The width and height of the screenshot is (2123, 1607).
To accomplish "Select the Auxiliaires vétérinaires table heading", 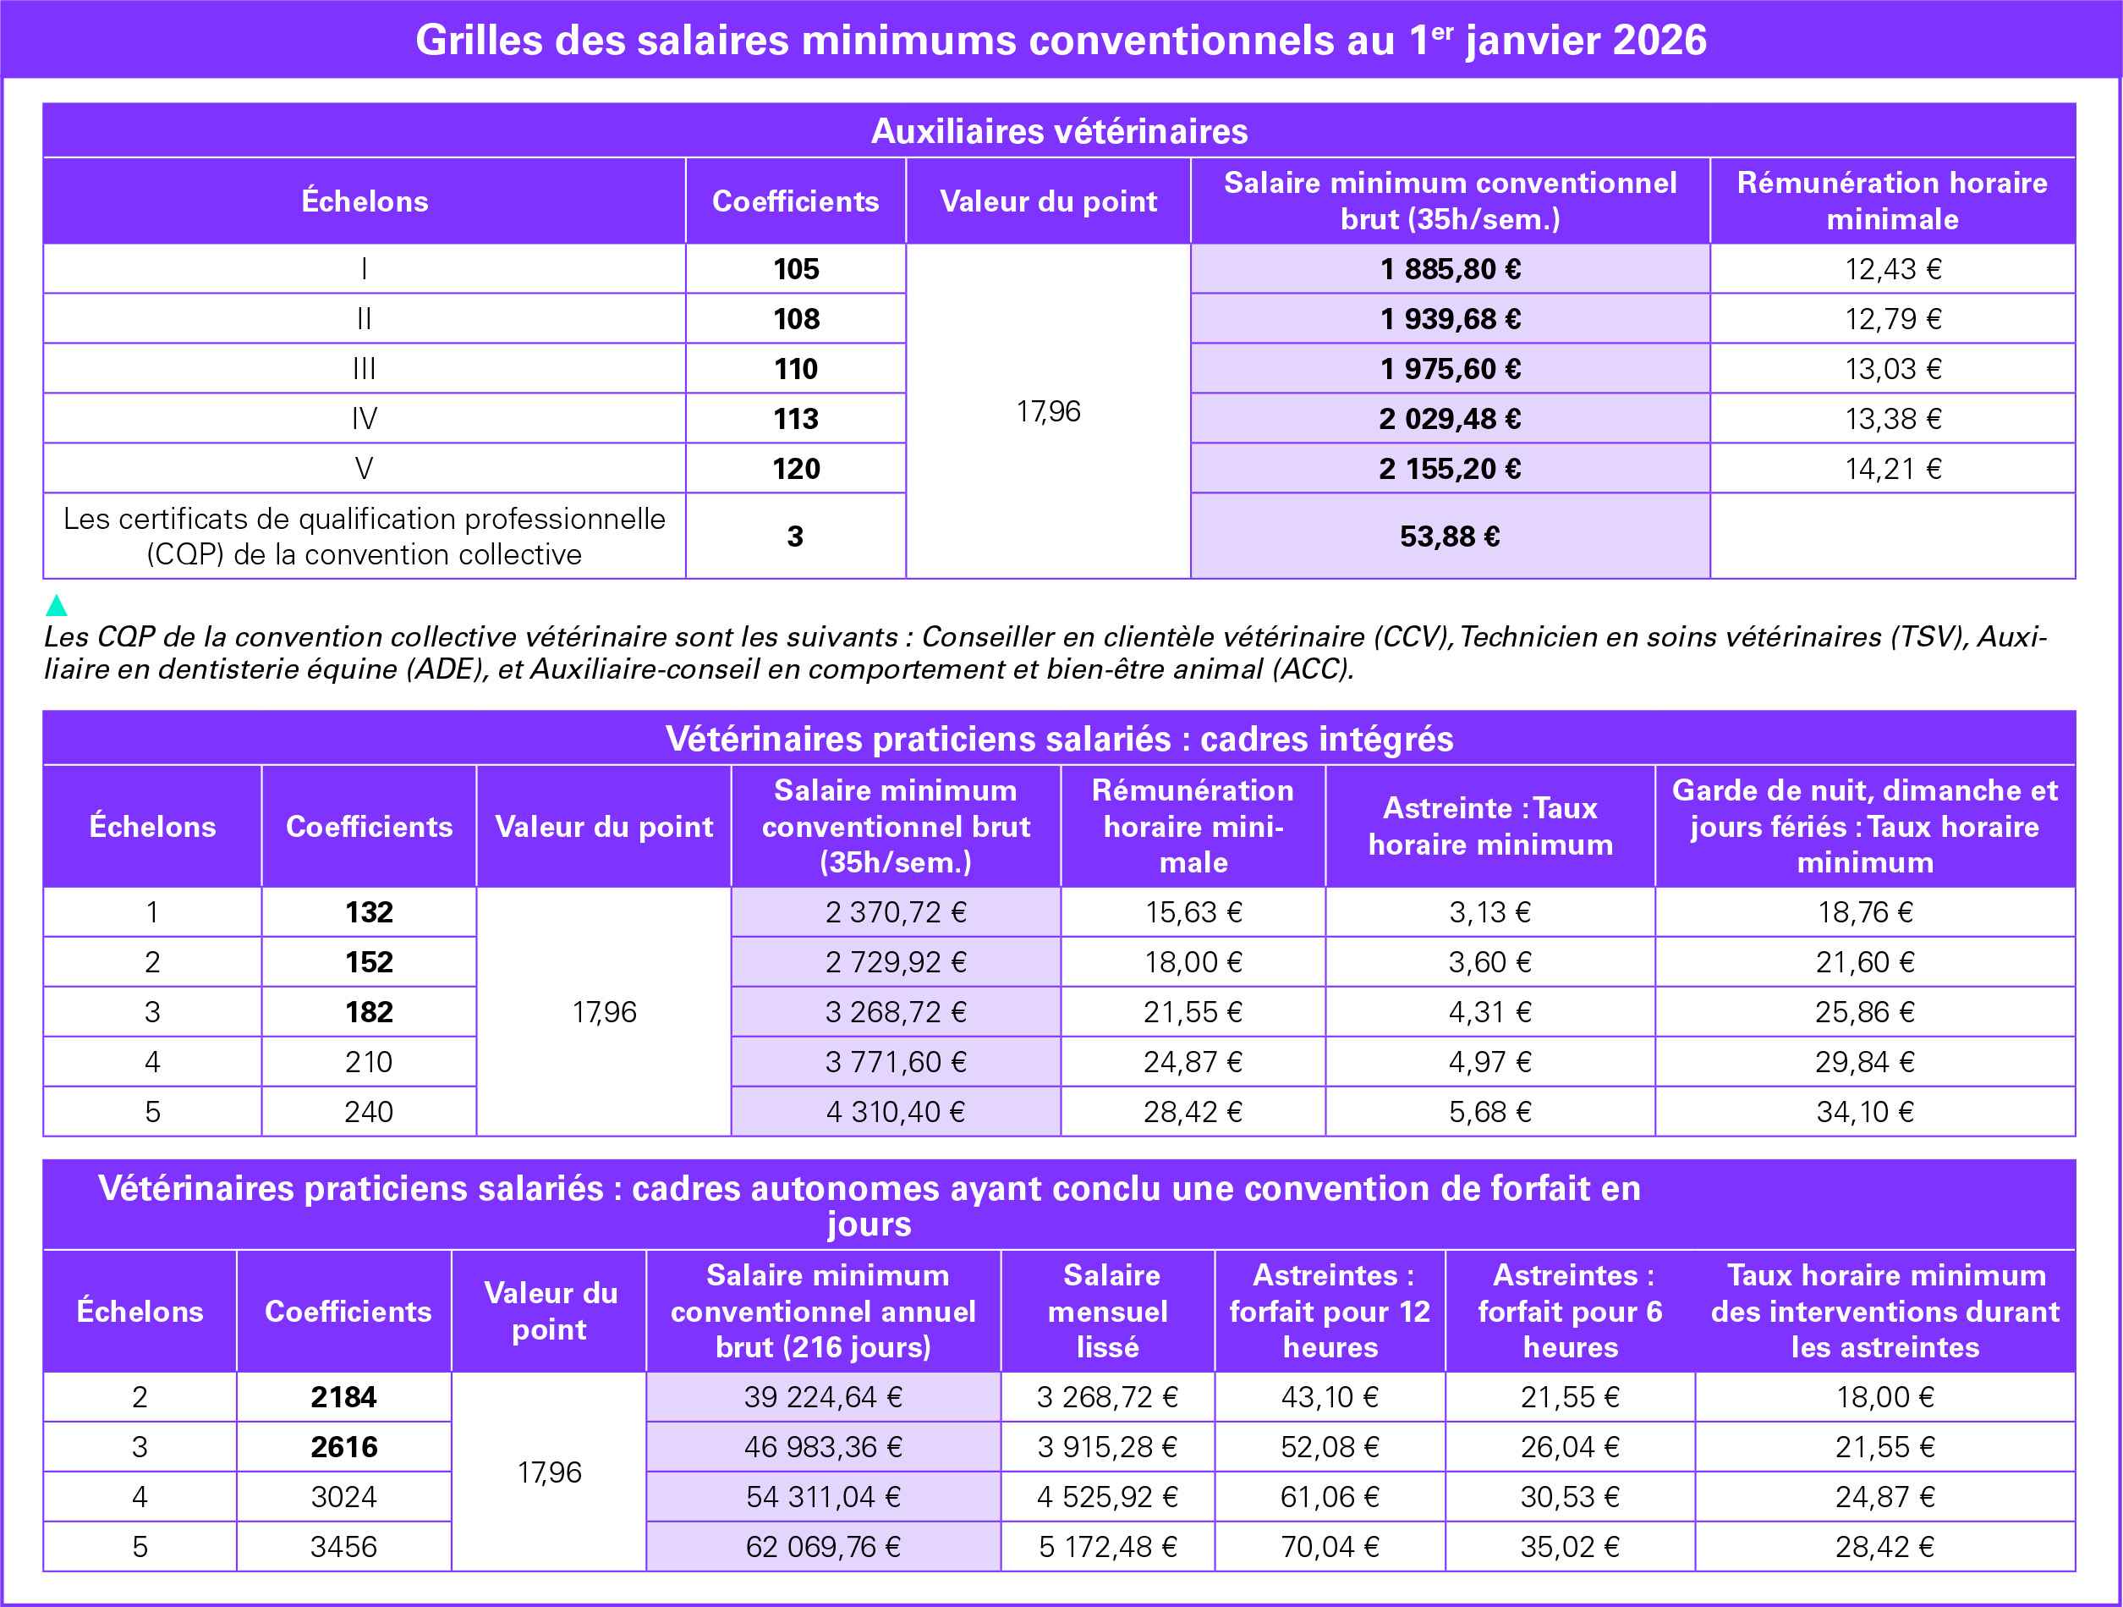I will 1059,131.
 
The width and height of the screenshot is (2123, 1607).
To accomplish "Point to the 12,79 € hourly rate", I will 1892,319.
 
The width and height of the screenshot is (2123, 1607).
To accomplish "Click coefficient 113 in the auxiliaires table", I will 796,419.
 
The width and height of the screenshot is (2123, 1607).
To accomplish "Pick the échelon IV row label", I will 364,419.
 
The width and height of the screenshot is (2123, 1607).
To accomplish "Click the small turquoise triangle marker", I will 57,605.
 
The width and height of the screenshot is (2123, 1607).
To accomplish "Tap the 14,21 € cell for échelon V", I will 1892,469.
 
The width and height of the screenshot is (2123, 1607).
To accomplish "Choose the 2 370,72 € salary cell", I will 896,912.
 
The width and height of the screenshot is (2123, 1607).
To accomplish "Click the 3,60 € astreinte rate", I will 1489,962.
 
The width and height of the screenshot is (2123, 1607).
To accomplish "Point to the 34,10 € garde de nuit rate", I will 1864,1112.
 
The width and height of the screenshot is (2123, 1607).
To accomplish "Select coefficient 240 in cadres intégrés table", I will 369,1112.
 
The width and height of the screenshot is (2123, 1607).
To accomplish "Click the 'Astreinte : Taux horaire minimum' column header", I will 1489,827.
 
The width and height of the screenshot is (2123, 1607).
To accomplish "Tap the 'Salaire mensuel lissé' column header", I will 1107,1312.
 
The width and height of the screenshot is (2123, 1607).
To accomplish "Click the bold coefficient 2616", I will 343,1447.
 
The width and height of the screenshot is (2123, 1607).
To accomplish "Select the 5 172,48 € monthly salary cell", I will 1107,1547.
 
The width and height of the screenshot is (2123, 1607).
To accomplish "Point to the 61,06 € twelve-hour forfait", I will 1330,1497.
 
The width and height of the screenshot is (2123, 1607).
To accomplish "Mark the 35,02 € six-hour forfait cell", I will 1569,1547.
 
